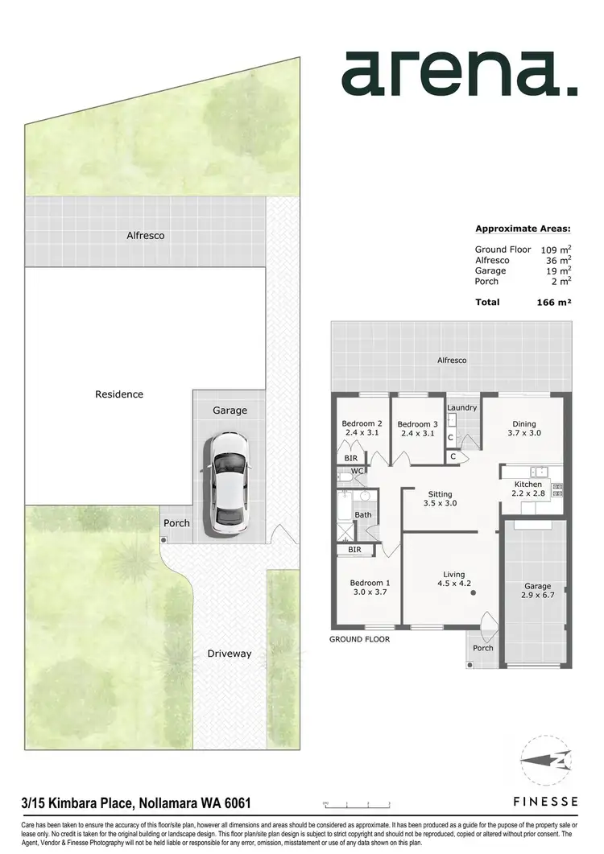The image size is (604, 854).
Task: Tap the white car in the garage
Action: (229, 485)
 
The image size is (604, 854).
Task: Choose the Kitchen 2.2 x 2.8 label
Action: (528, 489)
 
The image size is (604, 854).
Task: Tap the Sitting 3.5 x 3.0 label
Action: (440, 499)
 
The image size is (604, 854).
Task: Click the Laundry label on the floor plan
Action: (462, 407)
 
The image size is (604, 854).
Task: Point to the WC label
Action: (356, 471)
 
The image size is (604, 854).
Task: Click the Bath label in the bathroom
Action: (363, 514)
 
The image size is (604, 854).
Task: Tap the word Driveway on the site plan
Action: (229, 654)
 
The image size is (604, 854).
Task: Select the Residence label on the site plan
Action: (119, 394)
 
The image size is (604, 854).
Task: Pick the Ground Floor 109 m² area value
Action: (556, 250)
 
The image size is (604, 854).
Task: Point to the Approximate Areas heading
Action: (523, 228)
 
